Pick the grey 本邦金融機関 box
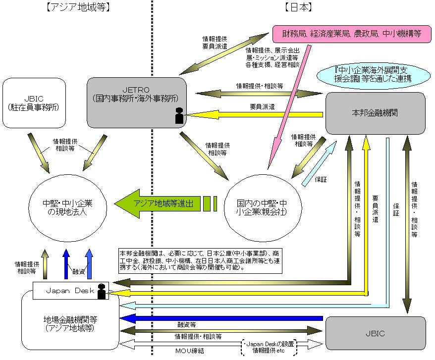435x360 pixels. point(375,113)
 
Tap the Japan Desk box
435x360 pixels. point(69,291)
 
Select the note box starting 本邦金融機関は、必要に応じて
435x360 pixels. point(200,260)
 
